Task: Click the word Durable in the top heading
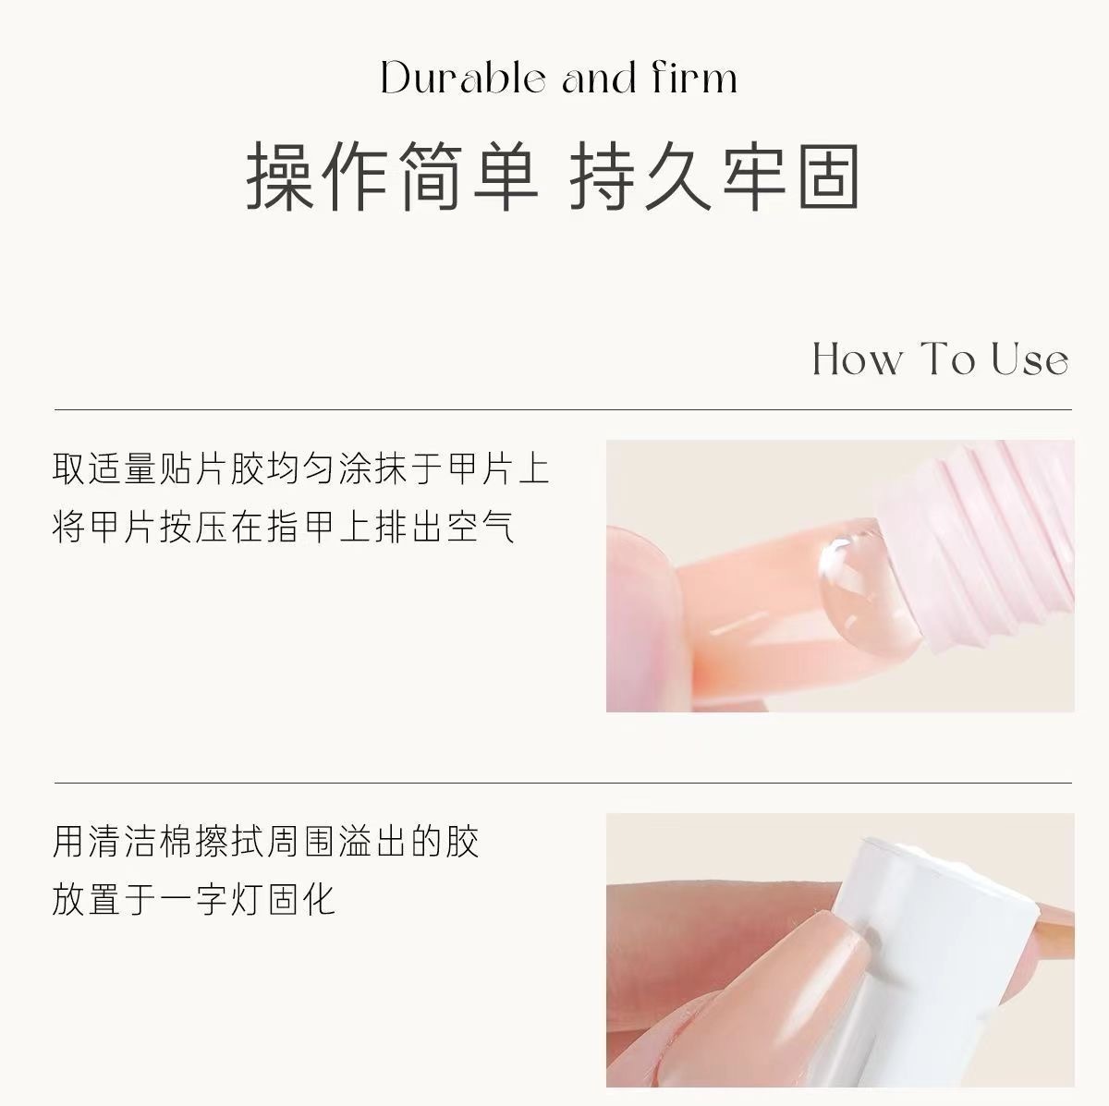coord(463,78)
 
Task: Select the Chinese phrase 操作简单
coord(392,176)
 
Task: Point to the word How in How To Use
coord(857,359)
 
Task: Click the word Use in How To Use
coord(1030,359)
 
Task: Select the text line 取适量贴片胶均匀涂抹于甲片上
coord(301,469)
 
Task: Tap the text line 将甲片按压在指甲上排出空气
coord(283,527)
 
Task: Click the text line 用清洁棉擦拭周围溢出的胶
coord(265,842)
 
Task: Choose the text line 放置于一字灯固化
coord(193,899)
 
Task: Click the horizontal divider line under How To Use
coord(563,409)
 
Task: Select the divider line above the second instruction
coord(563,783)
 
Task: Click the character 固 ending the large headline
coord(828,176)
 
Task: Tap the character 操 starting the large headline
coord(280,176)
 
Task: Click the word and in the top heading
coord(599,79)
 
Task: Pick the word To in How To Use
coord(947,359)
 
